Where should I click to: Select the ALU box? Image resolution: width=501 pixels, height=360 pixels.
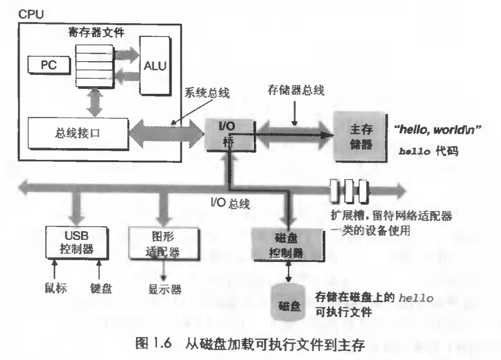[155, 65]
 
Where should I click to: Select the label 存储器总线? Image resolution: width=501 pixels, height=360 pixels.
[295, 92]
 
